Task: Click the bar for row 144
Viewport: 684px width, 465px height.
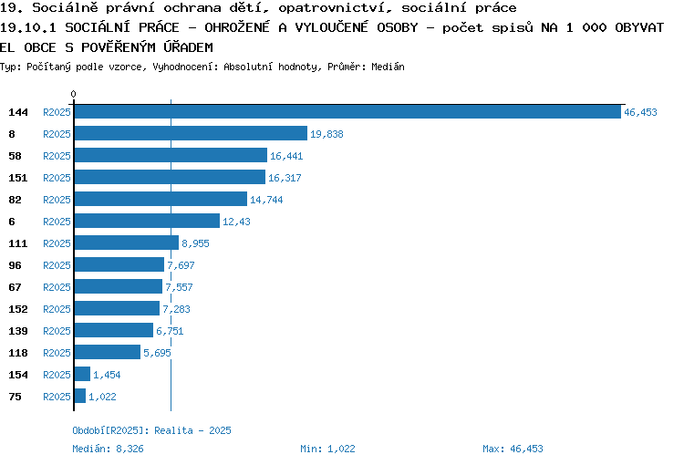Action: tap(347, 111)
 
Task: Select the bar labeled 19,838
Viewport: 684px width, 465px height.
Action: tap(191, 133)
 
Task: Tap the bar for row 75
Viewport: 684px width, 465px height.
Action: tap(80, 396)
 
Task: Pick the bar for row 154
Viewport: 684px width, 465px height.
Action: tap(82, 374)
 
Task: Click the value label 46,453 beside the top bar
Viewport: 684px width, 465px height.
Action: tap(640, 112)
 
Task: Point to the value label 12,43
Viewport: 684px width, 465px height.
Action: tap(236, 222)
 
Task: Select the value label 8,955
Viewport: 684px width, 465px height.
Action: tap(195, 243)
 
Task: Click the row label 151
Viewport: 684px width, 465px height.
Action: tap(18, 178)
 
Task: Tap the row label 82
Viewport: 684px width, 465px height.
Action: tap(15, 200)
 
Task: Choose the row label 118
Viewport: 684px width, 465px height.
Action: tap(18, 353)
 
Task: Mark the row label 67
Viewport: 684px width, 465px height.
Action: tap(15, 287)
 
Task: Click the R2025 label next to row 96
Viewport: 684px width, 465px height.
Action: tap(57, 265)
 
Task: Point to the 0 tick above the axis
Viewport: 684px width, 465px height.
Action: tap(73, 94)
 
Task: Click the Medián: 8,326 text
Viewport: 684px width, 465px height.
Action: tap(108, 449)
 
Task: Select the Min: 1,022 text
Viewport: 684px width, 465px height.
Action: tap(327, 449)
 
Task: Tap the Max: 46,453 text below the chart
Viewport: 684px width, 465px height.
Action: tap(513, 449)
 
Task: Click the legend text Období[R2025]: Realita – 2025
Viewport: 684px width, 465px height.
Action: tap(151, 430)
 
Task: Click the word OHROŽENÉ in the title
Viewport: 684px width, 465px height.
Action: tap(237, 27)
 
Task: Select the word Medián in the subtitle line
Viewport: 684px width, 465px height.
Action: tap(388, 67)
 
